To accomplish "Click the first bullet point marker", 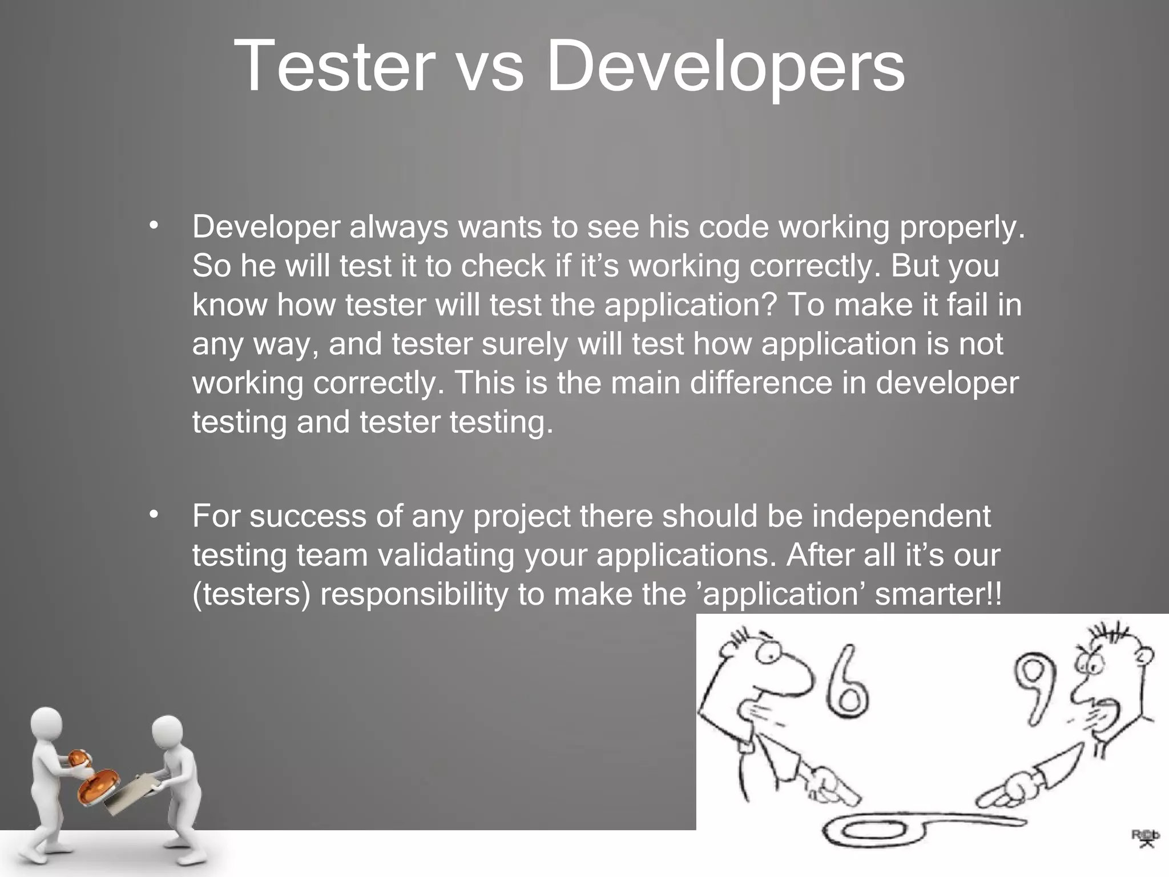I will [x=153, y=227].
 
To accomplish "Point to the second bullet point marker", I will [x=153, y=516].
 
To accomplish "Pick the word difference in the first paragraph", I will [x=761, y=382].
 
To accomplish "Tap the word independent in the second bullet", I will [x=901, y=516].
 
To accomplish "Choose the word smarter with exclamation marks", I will [x=938, y=594].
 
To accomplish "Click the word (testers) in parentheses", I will [x=251, y=594].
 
